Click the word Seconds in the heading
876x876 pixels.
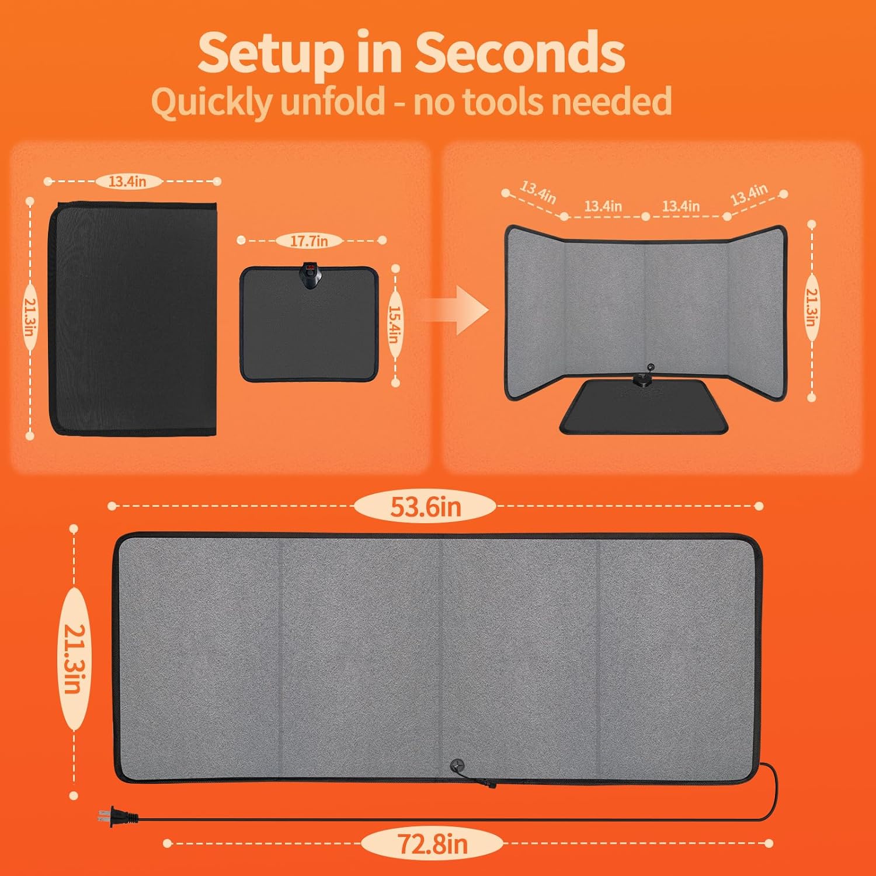[x=520, y=53]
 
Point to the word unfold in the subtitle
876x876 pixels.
[x=333, y=101]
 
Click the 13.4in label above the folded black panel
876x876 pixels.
[x=127, y=182]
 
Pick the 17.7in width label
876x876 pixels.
[x=309, y=240]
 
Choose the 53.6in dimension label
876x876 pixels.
[x=425, y=506]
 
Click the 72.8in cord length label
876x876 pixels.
[x=432, y=843]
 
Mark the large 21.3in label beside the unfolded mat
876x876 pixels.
[x=74, y=659]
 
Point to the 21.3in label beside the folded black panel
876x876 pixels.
[x=29, y=317]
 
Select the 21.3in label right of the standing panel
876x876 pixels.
[x=812, y=308]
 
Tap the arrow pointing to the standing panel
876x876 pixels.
[x=454, y=310]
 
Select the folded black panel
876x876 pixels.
[x=133, y=319]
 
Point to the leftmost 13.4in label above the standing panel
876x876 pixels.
[x=538, y=192]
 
